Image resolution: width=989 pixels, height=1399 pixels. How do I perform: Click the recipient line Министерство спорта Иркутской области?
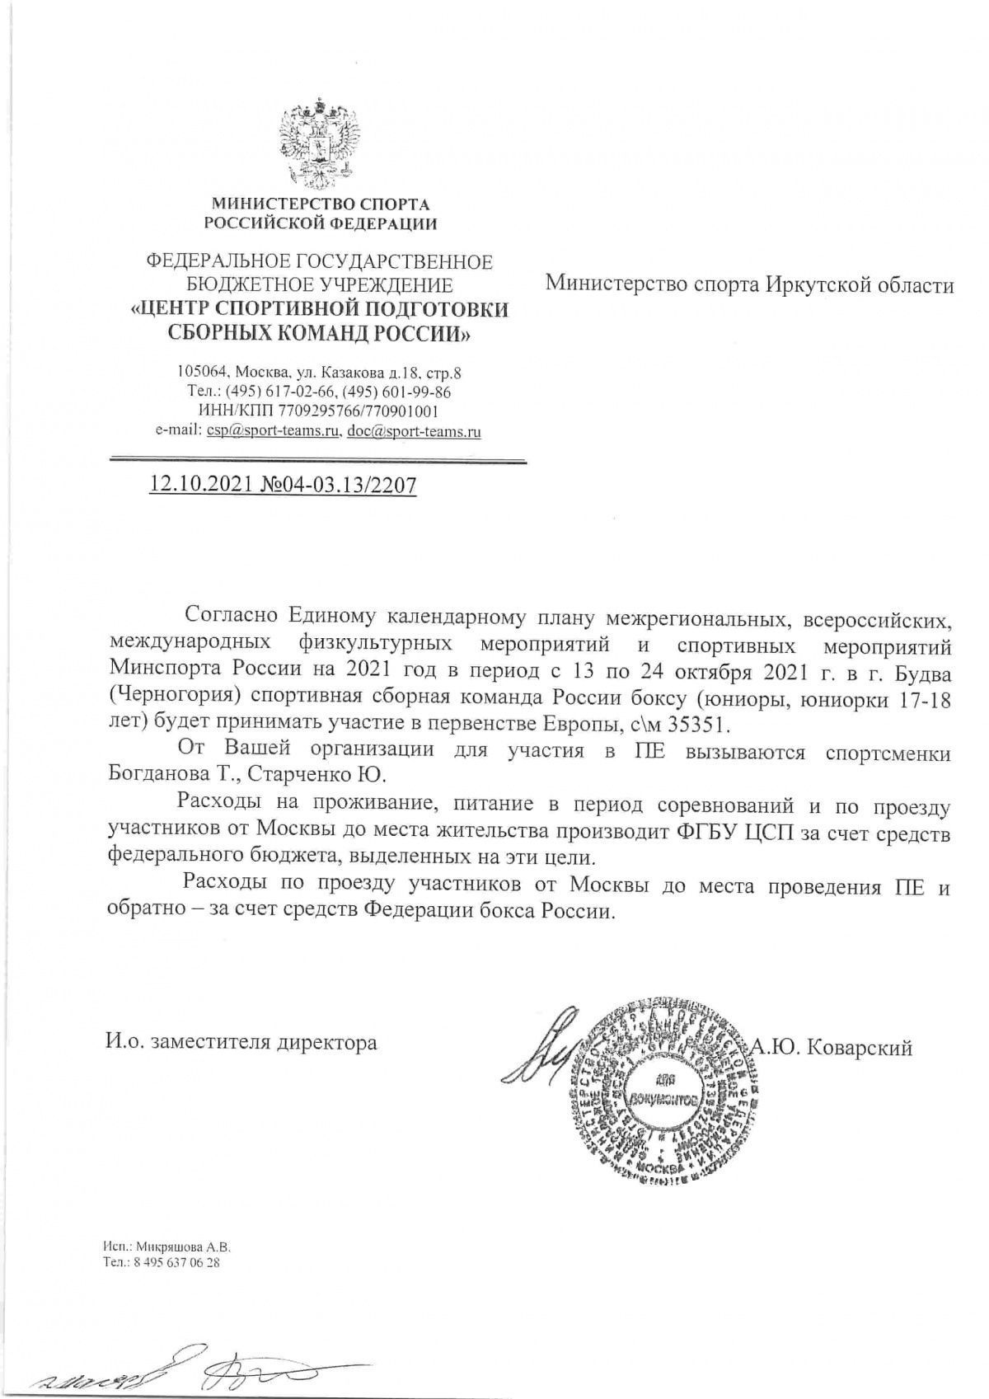(x=749, y=285)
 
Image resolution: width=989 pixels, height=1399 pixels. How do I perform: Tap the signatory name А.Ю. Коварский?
(x=831, y=1048)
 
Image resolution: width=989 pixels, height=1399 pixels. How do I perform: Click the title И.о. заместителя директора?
(x=241, y=1043)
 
